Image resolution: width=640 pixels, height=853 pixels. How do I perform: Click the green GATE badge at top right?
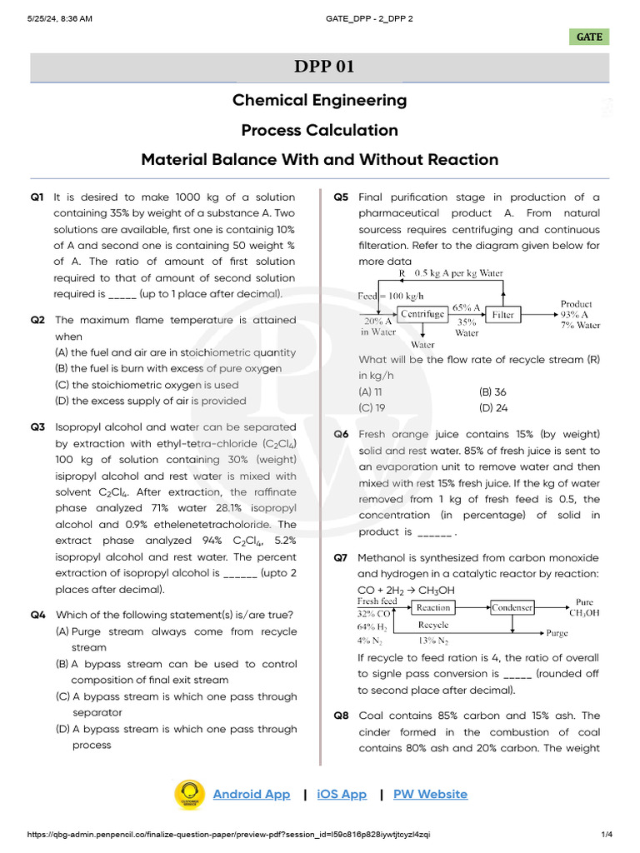[589, 37]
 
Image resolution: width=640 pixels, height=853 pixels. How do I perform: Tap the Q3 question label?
[37, 427]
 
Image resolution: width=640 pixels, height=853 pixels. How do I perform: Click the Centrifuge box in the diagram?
[422, 314]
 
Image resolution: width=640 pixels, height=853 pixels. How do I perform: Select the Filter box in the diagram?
[502, 314]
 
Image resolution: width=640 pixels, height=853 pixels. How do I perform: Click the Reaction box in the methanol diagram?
[433, 607]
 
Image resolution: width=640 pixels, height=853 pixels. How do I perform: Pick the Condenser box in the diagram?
[512, 607]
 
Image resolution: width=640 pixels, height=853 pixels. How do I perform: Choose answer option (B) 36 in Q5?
[492, 392]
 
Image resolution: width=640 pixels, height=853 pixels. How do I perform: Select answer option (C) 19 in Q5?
[372, 408]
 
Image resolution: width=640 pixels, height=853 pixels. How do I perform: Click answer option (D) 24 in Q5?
[493, 408]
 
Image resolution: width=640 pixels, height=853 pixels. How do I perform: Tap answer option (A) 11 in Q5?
[371, 392]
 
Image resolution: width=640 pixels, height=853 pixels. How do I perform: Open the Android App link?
[252, 794]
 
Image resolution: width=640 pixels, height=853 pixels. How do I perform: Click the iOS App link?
[342, 794]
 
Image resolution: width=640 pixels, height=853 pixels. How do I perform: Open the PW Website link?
[430, 794]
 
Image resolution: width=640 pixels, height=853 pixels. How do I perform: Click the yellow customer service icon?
[189, 794]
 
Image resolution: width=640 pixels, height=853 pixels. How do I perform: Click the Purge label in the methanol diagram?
[557, 633]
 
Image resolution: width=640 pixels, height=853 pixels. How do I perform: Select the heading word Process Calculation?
[319, 130]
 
